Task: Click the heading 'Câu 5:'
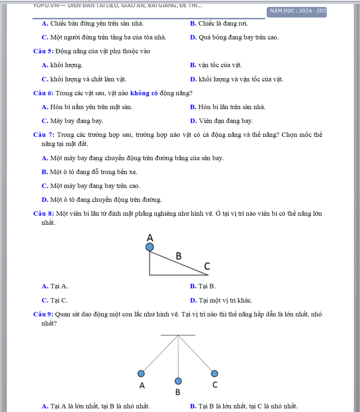pos(43,51)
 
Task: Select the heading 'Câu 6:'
pos(43,93)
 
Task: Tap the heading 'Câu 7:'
pos(43,135)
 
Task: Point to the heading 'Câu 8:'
pos(43,213)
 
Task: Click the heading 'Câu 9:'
pos(43,314)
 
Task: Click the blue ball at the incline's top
pos(150,247)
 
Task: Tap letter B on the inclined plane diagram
pos(178,256)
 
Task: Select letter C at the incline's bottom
pos(207,267)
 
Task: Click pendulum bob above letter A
pos(141,373)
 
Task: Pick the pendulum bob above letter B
pos(178,381)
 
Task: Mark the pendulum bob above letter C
pos(214,373)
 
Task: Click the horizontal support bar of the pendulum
pos(178,335)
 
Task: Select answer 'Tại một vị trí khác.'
pos(225,301)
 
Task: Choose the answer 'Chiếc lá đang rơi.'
pos(223,24)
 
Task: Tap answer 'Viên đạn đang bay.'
pos(225,121)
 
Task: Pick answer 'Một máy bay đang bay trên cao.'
pos(95,186)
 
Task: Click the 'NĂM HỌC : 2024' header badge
pos(297,11)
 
